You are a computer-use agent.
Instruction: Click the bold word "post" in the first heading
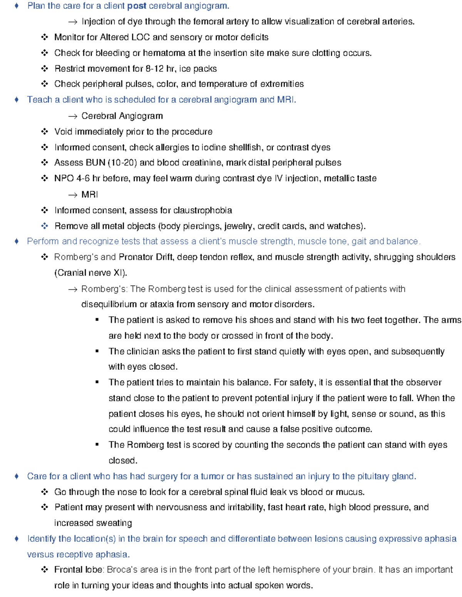(x=137, y=6)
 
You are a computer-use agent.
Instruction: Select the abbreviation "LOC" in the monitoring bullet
(x=141, y=37)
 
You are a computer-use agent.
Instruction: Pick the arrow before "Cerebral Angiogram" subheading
(x=73, y=116)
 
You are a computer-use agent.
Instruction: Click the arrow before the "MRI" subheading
(x=73, y=195)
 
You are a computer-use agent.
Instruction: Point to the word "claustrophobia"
(x=203, y=210)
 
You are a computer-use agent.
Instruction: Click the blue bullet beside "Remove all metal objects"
(x=45, y=226)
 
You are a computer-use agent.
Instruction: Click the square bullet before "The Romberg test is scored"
(x=97, y=445)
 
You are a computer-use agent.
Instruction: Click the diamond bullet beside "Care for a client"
(x=16, y=476)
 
